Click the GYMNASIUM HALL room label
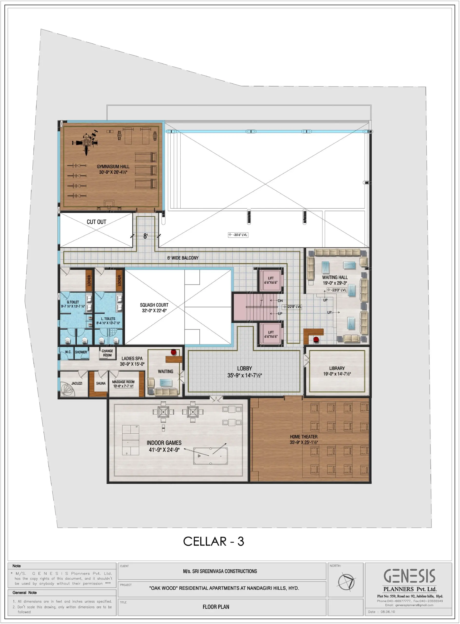point(113,166)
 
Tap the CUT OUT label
point(96,222)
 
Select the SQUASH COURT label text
point(154,305)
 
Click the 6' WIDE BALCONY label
point(183,258)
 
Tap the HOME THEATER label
point(303,437)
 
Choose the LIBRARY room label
point(337,368)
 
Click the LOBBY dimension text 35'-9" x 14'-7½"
point(245,375)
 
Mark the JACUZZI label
point(77,383)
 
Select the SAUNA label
point(101,383)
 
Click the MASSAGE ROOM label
point(123,382)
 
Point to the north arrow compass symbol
point(346,582)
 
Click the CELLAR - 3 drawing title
point(213,541)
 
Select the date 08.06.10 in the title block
point(388,612)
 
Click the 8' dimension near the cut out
point(145,236)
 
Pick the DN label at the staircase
point(280,301)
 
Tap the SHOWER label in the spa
point(81,352)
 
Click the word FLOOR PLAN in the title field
point(216,607)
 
